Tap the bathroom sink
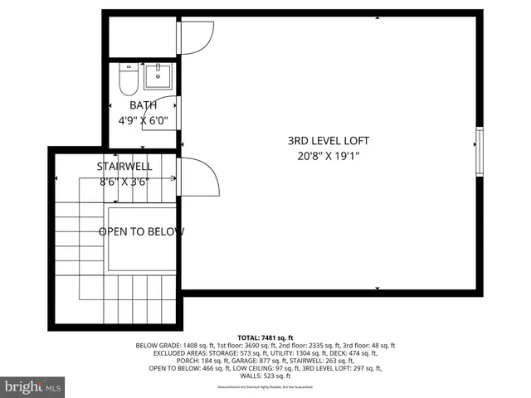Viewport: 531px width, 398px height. [157, 76]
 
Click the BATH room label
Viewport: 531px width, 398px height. [143, 105]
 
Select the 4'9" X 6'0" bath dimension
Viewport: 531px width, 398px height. [143, 120]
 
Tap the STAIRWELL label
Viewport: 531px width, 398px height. [125, 167]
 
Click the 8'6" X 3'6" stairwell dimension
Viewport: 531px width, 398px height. [125, 182]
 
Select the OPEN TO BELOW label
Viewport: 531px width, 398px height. [141, 232]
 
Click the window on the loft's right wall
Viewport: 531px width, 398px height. [478, 151]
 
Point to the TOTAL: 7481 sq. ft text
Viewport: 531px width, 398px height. [265, 337]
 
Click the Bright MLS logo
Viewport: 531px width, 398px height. [33, 386]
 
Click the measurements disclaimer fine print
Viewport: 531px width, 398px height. [265, 387]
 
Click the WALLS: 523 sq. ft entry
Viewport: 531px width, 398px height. [265, 376]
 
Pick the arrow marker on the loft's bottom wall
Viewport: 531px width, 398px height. [378, 289]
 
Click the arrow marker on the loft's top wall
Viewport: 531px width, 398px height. [378, 17]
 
